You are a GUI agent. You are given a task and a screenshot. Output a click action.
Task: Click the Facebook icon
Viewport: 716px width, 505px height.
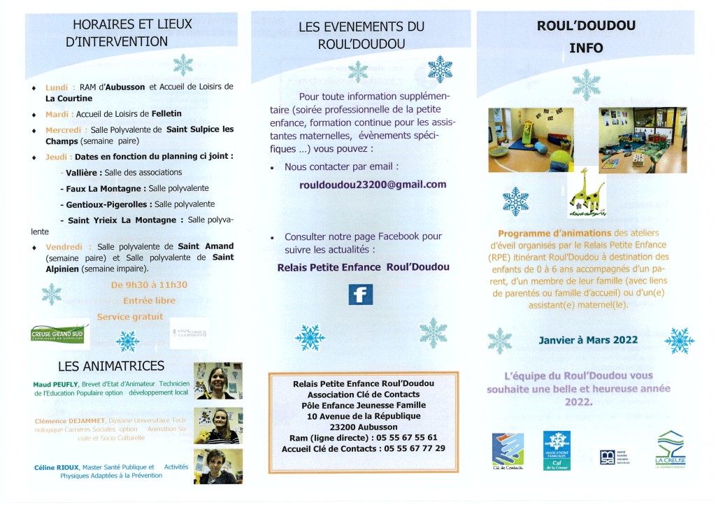360,294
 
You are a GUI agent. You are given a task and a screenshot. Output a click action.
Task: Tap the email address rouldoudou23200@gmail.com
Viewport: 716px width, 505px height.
363,185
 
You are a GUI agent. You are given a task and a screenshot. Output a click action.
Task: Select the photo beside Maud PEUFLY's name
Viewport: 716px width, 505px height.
217,381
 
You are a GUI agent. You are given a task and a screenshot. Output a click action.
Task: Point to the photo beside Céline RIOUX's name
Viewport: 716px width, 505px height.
217,466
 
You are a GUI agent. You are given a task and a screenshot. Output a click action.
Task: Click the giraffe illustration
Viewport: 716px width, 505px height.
586,192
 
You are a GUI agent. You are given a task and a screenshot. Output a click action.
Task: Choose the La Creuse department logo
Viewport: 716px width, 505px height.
670,450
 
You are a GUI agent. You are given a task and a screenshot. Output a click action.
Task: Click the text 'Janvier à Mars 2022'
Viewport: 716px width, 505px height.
588,341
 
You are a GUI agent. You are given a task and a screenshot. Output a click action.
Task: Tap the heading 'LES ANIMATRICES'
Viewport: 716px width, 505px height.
112,366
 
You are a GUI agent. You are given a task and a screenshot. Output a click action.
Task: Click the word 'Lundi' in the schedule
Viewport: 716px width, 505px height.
57,87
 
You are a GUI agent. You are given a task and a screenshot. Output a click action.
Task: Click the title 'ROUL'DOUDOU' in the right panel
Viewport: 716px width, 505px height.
586,26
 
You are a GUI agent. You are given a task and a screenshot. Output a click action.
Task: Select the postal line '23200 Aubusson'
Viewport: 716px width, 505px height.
363,427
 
